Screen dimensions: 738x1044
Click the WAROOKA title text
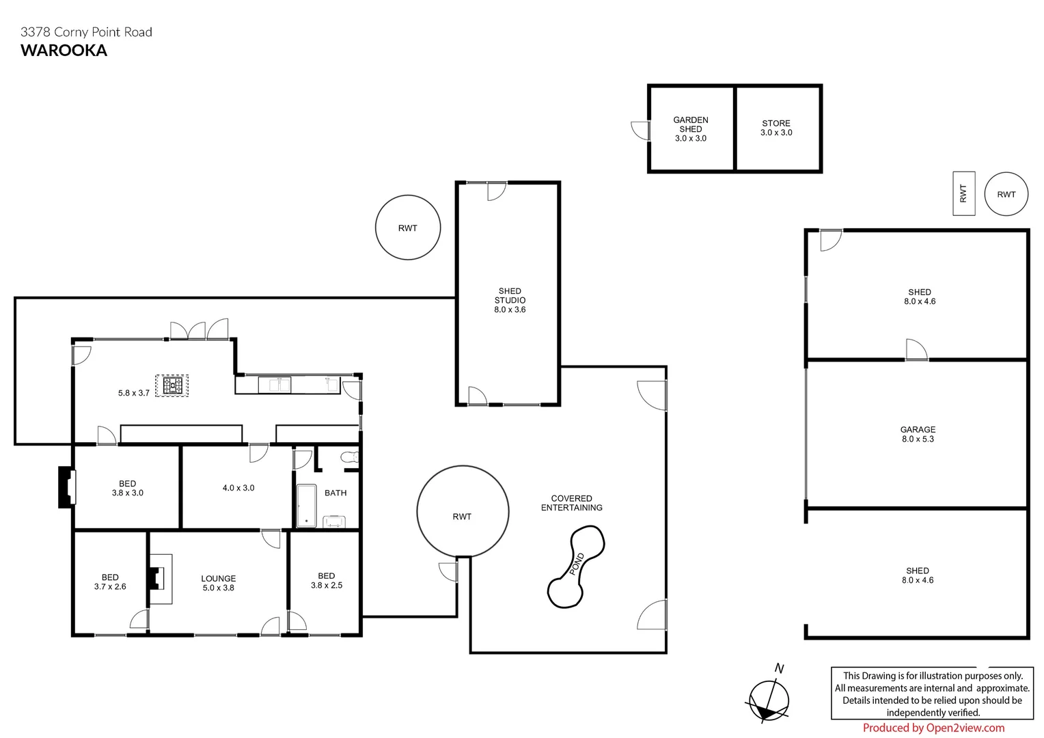[64, 50]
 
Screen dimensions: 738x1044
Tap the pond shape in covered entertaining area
[575, 566]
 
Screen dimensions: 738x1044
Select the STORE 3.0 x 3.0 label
[776, 128]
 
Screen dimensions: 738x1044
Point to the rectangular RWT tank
[963, 193]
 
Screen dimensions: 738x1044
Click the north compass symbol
[769, 700]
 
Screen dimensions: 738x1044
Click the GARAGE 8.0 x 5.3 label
[918, 435]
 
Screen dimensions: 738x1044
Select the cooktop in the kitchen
[173, 386]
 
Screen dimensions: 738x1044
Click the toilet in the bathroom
[349, 458]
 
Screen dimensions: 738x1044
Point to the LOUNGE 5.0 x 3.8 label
[218, 583]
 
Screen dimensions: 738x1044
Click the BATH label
[335, 493]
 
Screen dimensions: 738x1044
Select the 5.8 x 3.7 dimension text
[133, 393]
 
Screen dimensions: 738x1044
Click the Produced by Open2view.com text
[933, 728]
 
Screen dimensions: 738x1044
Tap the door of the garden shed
[640, 130]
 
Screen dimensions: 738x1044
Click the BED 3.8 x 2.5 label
[326, 580]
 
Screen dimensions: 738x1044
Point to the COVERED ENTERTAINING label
[571, 503]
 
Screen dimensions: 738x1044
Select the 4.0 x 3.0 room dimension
[238, 488]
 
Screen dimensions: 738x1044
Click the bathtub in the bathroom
[306, 506]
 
